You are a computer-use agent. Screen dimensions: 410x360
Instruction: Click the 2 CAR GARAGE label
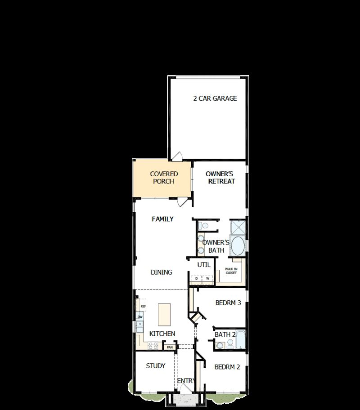click(215, 98)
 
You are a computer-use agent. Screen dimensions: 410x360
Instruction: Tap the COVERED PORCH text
click(164, 178)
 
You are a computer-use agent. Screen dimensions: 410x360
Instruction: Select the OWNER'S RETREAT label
click(220, 178)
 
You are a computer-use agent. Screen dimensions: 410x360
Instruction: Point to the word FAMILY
click(162, 219)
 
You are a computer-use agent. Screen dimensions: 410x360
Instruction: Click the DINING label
click(161, 272)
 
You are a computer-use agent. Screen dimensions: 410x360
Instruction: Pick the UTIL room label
click(204, 265)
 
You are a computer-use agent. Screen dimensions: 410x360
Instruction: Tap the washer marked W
click(208, 279)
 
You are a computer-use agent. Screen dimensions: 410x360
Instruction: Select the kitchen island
click(165, 314)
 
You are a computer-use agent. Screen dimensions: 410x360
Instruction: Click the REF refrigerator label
click(143, 306)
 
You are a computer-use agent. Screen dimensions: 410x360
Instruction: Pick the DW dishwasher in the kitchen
click(140, 317)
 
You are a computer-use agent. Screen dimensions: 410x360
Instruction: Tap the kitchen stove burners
click(153, 345)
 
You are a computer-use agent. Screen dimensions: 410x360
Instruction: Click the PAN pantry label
click(170, 347)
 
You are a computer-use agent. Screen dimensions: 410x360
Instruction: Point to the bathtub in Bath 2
click(241, 340)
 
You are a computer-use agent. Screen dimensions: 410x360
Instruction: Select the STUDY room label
click(156, 366)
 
